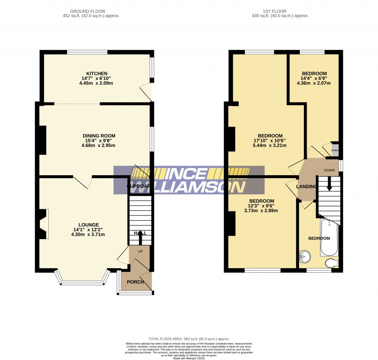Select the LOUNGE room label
coord(88,225)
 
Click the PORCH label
coord(135,282)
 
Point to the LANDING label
coord(306,187)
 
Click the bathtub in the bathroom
coord(329,238)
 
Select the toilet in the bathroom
coord(331,263)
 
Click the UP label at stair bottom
coord(140,251)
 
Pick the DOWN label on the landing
coord(329,170)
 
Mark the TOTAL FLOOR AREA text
coord(189,339)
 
